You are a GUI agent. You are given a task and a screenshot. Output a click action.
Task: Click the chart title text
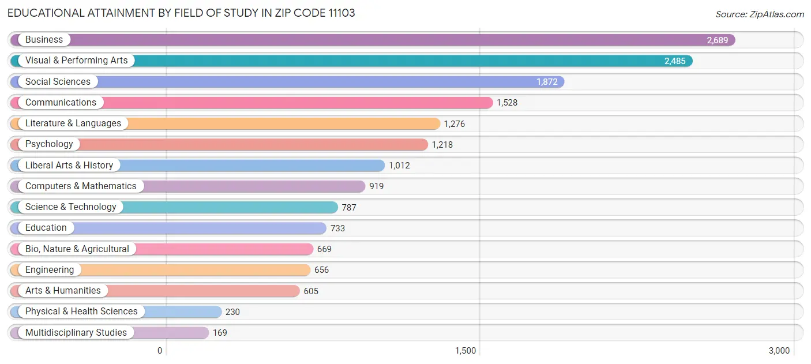coord(181,13)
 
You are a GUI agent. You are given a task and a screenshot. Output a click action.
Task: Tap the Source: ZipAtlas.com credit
coord(759,14)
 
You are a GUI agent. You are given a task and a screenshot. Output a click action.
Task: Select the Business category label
coord(44,40)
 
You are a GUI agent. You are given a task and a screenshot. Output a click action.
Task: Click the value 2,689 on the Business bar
coord(718,40)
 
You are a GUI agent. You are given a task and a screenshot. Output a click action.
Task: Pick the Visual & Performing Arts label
coord(76,61)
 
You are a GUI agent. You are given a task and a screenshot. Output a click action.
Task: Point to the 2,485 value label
coord(675,61)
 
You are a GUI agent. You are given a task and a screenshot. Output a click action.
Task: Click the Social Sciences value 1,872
coord(547,82)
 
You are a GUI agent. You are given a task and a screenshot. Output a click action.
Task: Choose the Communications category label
coord(61,103)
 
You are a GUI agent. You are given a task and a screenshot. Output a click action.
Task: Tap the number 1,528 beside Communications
coord(507,103)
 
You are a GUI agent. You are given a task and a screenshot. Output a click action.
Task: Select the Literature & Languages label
coord(73,123)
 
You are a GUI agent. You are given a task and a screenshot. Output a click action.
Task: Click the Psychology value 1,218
coord(442,145)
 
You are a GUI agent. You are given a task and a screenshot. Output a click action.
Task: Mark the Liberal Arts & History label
coord(69,166)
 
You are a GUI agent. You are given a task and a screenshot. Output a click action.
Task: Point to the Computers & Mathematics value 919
coord(377,186)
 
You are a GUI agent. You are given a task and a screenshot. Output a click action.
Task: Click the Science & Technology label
coord(71,207)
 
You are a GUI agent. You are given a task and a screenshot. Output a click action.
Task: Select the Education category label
coord(46,228)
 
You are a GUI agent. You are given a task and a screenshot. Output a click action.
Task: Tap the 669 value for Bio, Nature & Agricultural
coord(324,249)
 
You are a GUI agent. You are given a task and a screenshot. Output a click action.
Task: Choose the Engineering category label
coord(50,270)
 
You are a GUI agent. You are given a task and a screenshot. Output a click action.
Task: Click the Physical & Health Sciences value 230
coord(232,312)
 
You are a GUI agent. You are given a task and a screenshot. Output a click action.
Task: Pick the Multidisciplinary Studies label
coord(76,333)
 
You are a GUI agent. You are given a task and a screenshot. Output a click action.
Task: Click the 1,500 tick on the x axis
coord(465,351)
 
